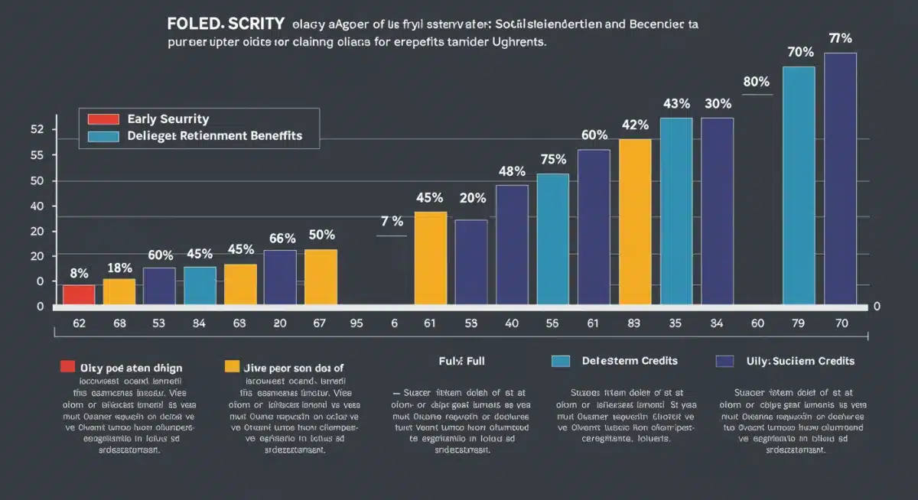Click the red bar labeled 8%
79,294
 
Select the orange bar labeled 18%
119,291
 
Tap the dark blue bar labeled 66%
280,277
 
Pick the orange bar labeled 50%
321,276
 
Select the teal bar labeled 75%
553,239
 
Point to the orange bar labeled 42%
635,222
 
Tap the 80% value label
756,82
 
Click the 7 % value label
392,222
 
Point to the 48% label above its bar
512,171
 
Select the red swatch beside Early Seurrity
104,119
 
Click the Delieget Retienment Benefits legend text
215,136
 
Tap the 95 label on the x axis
356,323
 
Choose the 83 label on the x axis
634,323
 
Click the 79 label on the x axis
799,323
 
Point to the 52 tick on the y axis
35,129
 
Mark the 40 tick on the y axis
35,206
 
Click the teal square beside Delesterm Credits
561,361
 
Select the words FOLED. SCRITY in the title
226,24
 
